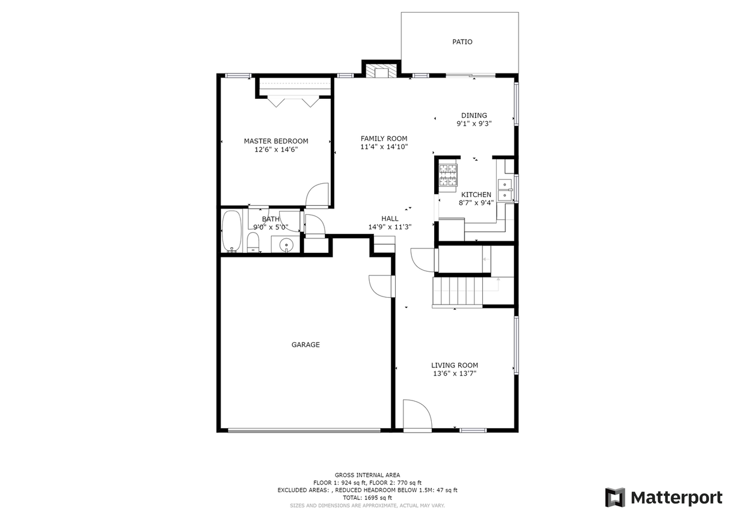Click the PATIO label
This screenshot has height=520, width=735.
(x=462, y=42)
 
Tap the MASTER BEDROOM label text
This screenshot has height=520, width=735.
(x=276, y=141)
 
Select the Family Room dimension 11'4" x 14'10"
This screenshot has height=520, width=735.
(x=384, y=147)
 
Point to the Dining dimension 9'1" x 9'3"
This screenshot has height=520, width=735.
(x=474, y=124)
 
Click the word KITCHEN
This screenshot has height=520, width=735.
(x=476, y=195)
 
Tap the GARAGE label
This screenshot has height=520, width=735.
(x=305, y=345)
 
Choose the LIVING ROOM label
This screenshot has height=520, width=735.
(x=454, y=365)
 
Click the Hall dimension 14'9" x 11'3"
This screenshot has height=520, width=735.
(x=390, y=227)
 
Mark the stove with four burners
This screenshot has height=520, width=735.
(x=448, y=175)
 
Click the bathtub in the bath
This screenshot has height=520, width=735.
(x=231, y=231)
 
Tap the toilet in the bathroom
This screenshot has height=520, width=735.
(x=253, y=242)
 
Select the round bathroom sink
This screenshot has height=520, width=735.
(x=286, y=245)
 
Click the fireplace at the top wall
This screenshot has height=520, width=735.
(x=381, y=71)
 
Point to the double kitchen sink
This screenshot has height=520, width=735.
(x=505, y=190)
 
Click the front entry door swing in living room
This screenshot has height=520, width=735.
(x=417, y=415)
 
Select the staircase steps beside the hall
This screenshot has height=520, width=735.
(x=458, y=291)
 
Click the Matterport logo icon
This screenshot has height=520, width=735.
(x=615, y=498)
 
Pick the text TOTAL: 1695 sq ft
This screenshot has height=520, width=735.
(x=367, y=498)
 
